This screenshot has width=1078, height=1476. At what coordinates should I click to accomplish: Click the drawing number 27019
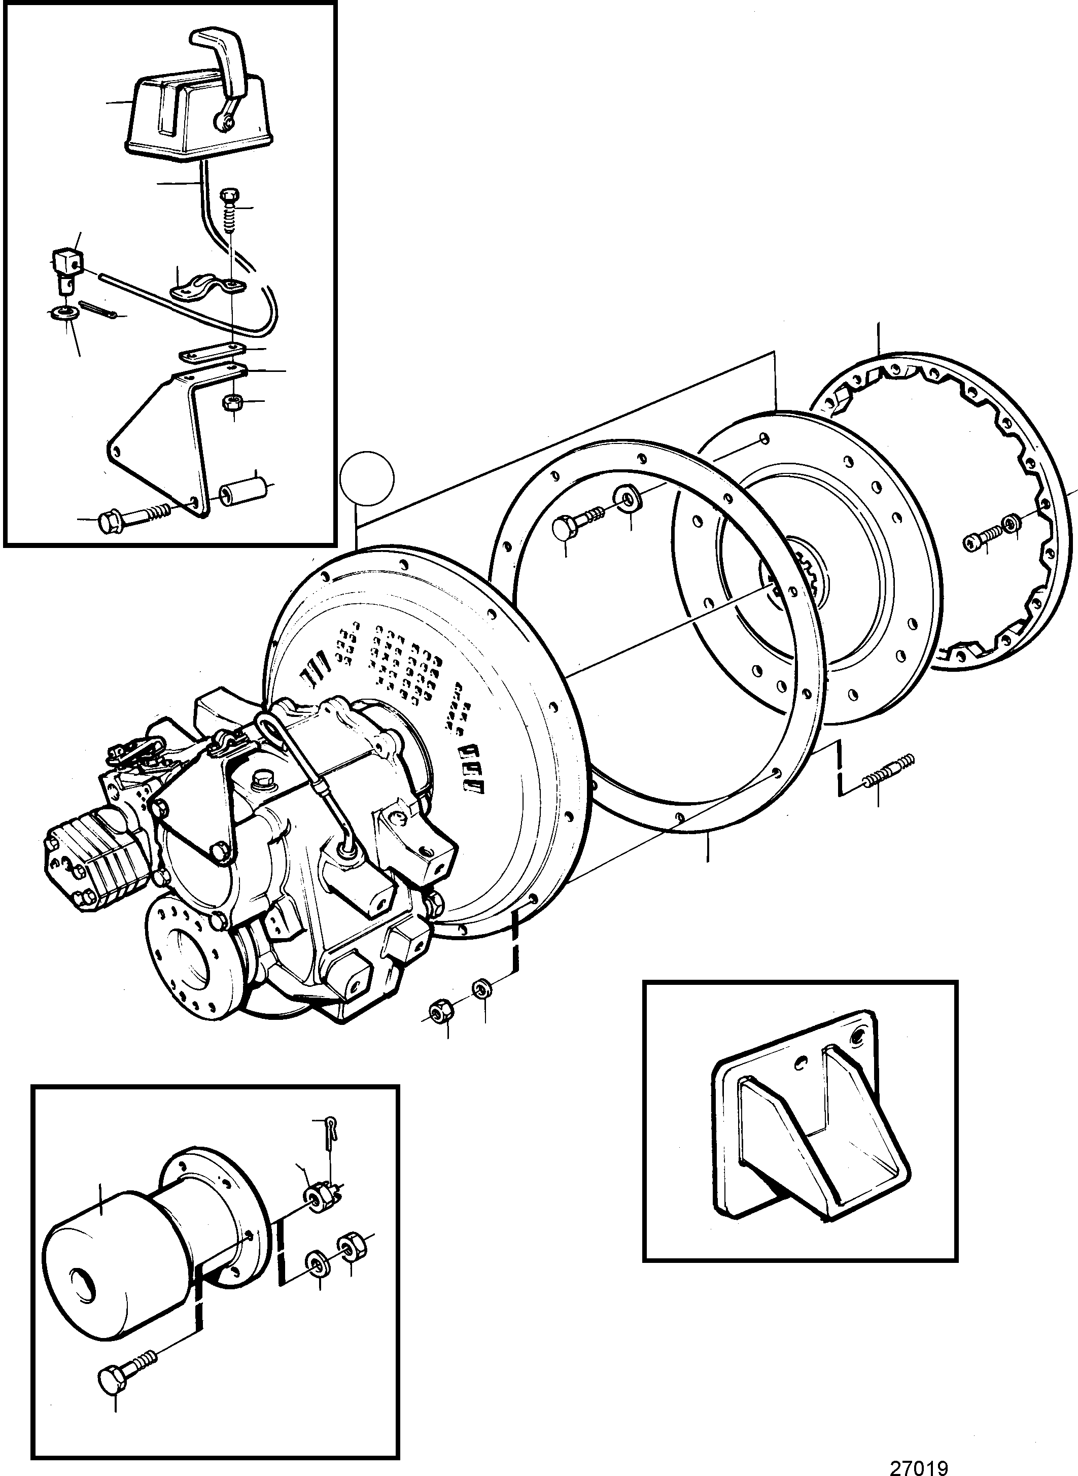point(918,1464)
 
